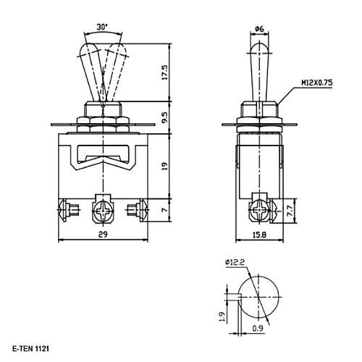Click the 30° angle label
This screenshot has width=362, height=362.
[x=103, y=26]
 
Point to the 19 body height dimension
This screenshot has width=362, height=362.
[x=164, y=165]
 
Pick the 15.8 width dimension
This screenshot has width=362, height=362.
[x=259, y=234]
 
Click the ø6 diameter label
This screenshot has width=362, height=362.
[x=258, y=28]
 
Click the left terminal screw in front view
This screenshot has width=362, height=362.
[x=64, y=211]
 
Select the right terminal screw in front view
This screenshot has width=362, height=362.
[x=135, y=211]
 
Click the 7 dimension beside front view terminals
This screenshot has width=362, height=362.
[x=164, y=211]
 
